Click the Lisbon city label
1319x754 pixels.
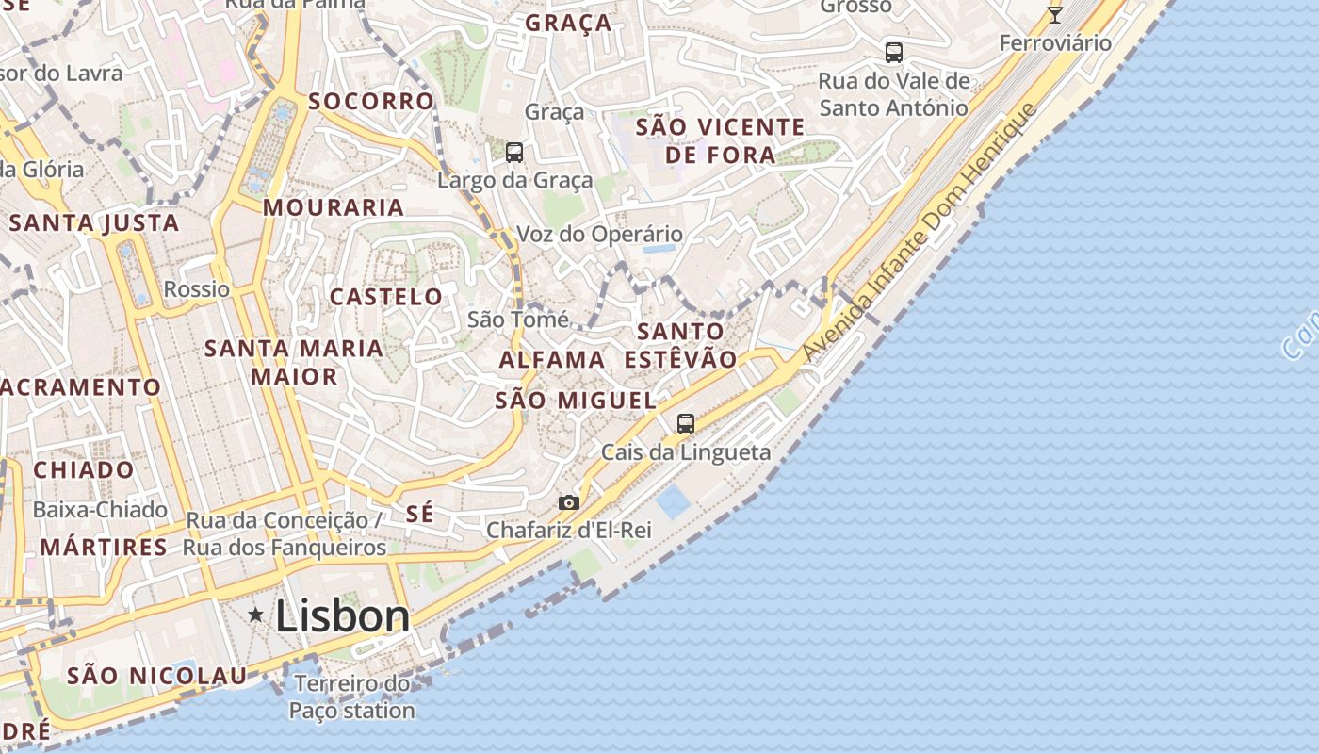click(343, 616)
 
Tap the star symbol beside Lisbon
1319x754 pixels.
click(255, 615)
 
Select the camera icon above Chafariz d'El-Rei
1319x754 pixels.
click(568, 502)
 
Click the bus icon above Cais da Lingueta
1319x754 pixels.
click(686, 424)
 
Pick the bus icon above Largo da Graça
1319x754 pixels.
click(514, 152)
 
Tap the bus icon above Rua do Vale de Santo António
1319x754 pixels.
click(893, 53)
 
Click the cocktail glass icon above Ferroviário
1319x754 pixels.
click(1055, 15)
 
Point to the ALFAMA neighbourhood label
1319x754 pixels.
click(552, 359)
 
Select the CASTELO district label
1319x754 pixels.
click(386, 297)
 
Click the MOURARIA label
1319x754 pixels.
click(334, 207)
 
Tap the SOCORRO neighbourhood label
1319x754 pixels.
click(371, 101)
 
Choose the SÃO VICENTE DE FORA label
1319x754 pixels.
click(720, 140)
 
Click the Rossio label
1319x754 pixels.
click(197, 289)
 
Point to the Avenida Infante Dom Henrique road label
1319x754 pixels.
click(920, 232)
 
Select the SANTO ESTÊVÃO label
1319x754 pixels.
click(680, 345)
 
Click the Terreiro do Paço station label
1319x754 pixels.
click(351, 697)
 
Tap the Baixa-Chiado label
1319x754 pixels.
click(100, 510)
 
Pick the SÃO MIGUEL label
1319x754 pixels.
click(576, 400)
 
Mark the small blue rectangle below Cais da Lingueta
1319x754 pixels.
click(674, 502)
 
